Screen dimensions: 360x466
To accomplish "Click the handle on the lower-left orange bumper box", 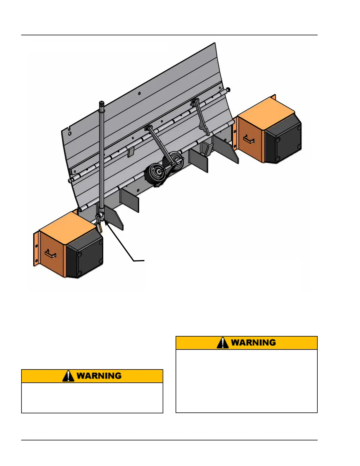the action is click(x=50, y=254).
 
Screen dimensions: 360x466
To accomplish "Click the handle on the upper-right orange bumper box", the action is click(x=249, y=139).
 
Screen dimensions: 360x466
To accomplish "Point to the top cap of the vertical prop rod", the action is click(x=102, y=103).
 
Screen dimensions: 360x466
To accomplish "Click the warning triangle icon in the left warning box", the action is click(x=68, y=376).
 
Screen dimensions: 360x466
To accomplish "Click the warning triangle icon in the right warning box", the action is click(x=223, y=343).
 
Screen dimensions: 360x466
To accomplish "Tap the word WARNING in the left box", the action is click(x=99, y=376).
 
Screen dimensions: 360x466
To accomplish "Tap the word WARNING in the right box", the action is click(x=253, y=343).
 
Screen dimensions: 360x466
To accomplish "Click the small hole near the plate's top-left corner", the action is click(x=70, y=133).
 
